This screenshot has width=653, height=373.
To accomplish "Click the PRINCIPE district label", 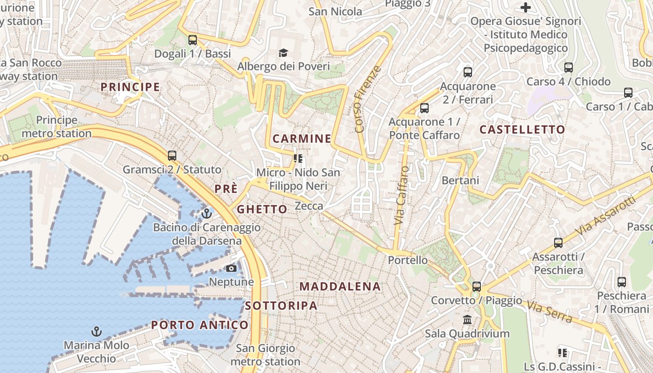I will point(130,87).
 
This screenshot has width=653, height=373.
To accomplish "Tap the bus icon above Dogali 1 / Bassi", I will point(193,40).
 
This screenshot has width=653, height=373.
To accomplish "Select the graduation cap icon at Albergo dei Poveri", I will point(284,53).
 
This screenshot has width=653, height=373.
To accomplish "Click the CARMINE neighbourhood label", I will point(302,139).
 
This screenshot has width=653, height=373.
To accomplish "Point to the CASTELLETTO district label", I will point(522,130).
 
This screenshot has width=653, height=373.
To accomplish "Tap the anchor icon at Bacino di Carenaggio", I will point(207,214).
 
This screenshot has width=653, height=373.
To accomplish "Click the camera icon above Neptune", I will point(231,268).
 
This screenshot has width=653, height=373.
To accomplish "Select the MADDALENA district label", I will point(340,287).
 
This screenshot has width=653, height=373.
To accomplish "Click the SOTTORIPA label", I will point(281,306).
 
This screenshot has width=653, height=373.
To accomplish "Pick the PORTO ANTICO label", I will point(200,325).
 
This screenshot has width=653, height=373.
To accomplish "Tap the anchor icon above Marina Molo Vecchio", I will point(96,332).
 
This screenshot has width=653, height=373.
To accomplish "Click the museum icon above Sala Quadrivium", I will point(467,320).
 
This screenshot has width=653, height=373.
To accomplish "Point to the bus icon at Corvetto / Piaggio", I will point(476,287).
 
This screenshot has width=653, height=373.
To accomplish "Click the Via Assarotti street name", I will point(605,216).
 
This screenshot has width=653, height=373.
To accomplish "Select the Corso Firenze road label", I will point(368,99).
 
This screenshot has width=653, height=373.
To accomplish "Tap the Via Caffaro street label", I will point(402,195).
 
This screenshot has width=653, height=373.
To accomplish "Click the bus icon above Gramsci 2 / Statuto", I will point(172,156).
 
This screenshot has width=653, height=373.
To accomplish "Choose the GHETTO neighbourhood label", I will point(262,209).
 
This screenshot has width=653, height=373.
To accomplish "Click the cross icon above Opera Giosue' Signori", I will point(526,7).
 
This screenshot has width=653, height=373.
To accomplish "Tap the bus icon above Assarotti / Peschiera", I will point(558,243).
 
